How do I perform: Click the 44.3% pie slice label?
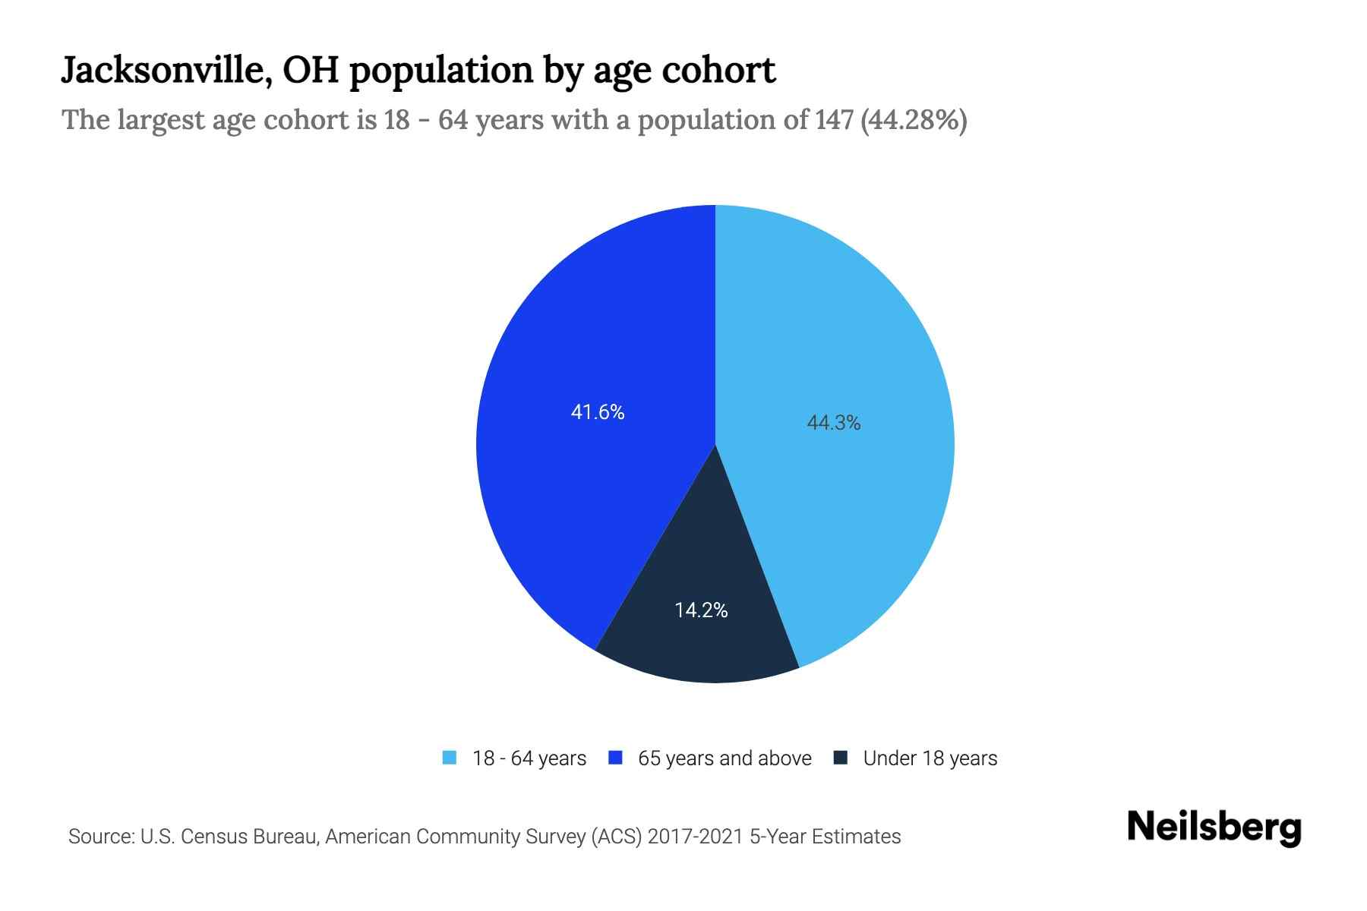point(833,423)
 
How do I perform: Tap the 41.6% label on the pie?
point(598,412)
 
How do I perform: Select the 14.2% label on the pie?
point(701,610)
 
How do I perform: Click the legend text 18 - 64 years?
point(529,758)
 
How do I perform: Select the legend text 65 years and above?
point(725,758)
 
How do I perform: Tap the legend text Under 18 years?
point(930,758)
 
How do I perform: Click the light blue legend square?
point(450,758)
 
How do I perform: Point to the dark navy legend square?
point(841,758)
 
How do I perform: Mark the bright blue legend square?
point(616,758)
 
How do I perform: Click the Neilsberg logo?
point(1214,827)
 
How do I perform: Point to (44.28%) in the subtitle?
point(914,120)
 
